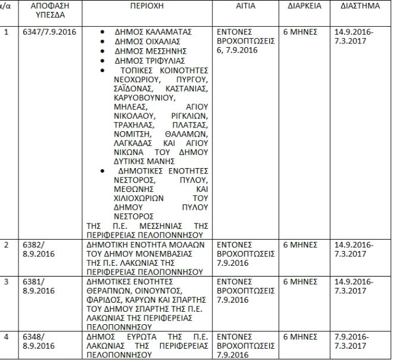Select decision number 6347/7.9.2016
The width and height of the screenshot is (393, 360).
[x=52, y=30]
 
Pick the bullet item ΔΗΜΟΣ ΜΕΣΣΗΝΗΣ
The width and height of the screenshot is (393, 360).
[x=147, y=52]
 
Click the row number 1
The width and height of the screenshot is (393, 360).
[x=7, y=30]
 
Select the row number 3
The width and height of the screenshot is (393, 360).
[x=7, y=282]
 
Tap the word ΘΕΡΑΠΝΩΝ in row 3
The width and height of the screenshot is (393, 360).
[x=107, y=290]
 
